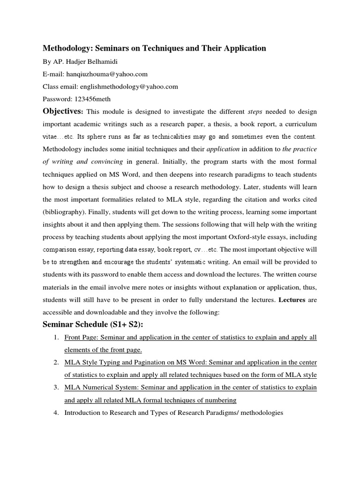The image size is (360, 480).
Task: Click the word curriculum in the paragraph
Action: [x=299, y=124]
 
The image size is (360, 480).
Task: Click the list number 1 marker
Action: [x=55, y=337]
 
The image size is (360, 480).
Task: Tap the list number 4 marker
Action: [x=55, y=413]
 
